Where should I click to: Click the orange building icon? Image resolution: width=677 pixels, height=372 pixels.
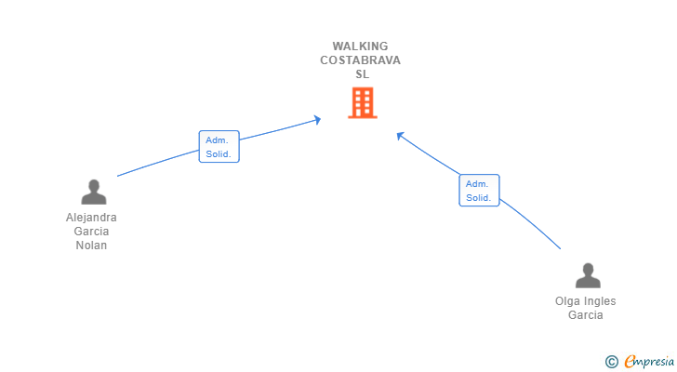[362, 103]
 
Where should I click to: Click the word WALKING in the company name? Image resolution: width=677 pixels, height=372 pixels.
[361, 46]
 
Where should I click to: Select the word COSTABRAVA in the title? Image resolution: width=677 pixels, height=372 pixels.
[361, 60]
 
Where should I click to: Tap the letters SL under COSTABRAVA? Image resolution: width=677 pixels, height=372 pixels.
[361, 74]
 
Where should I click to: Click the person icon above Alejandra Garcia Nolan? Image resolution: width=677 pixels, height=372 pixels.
[93, 193]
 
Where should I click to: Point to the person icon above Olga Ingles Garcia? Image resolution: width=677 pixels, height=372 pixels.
[587, 276]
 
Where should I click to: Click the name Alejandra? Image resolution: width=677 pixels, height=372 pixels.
[91, 218]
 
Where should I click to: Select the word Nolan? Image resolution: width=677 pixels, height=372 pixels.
[91, 246]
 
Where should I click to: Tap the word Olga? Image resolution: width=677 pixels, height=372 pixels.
[566, 301]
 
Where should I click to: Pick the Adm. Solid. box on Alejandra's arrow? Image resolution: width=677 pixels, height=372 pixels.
[219, 147]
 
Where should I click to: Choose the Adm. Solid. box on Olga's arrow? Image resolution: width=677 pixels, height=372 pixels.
[479, 191]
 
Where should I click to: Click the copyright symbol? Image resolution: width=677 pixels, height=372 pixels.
[611, 361]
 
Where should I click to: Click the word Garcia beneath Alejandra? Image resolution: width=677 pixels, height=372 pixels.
[91, 232]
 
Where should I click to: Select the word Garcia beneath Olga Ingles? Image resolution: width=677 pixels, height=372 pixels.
[586, 315]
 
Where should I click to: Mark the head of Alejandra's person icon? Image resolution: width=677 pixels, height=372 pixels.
[93, 185]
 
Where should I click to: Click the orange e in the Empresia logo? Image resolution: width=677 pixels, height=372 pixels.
[630, 361]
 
